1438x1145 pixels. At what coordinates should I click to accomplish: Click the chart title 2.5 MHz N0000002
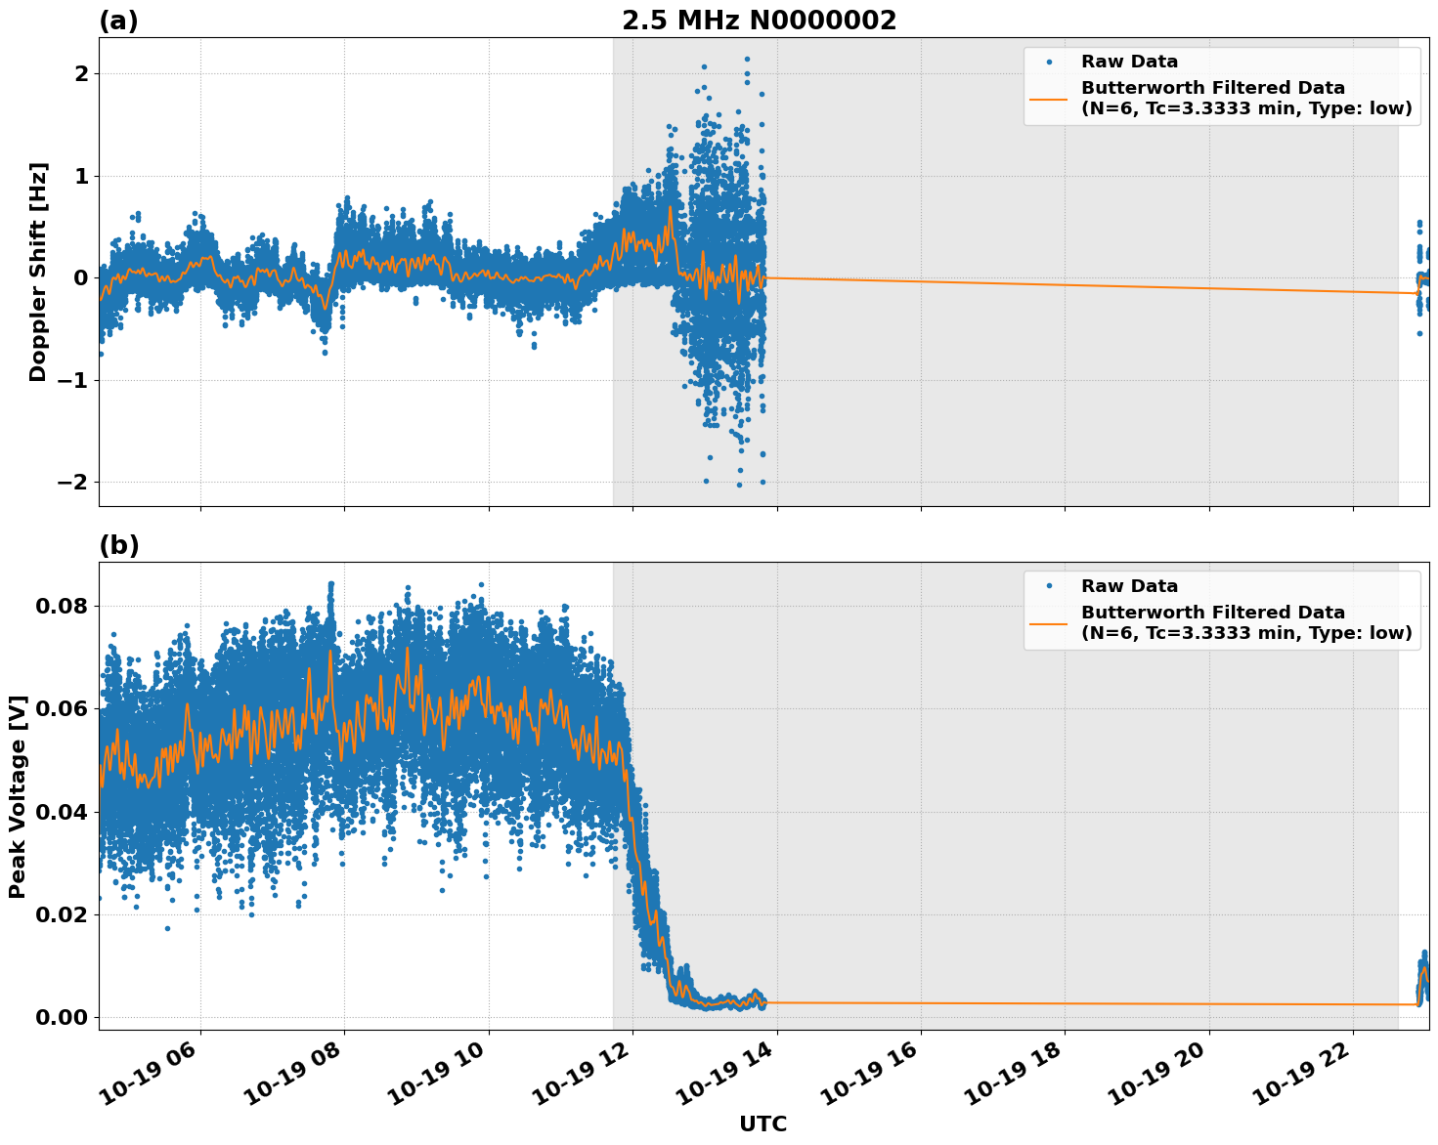(759, 21)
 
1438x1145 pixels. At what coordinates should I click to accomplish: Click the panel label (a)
(119, 21)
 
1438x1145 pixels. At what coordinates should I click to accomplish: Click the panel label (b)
(119, 545)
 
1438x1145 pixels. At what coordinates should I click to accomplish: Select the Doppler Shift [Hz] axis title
(38, 272)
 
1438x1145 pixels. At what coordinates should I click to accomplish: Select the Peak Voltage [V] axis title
(18, 796)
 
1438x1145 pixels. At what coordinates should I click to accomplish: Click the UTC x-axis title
(763, 1124)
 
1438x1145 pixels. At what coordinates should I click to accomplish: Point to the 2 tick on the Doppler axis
(81, 74)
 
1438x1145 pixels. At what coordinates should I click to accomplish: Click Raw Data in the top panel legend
(1129, 62)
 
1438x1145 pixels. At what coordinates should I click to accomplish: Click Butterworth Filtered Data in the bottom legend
(1212, 613)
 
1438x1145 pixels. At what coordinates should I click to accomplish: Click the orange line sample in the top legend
(1048, 98)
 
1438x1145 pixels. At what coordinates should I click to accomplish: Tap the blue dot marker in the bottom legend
(1048, 586)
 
